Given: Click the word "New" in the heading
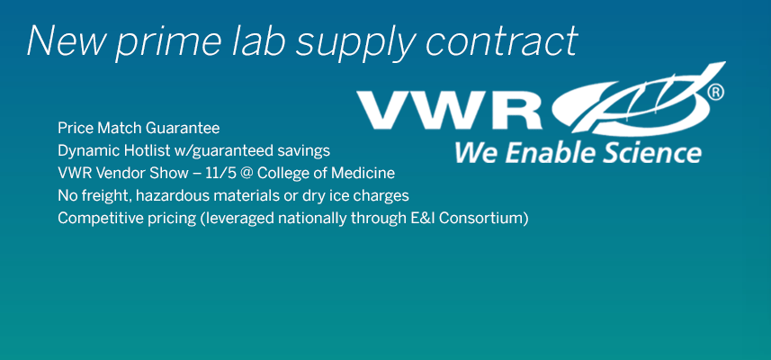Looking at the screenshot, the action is pyautogui.click(x=66, y=40).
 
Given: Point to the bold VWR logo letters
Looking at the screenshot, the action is pyautogui.click(x=450, y=110).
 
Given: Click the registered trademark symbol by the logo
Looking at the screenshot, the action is pyautogui.click(x=715, y=93).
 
